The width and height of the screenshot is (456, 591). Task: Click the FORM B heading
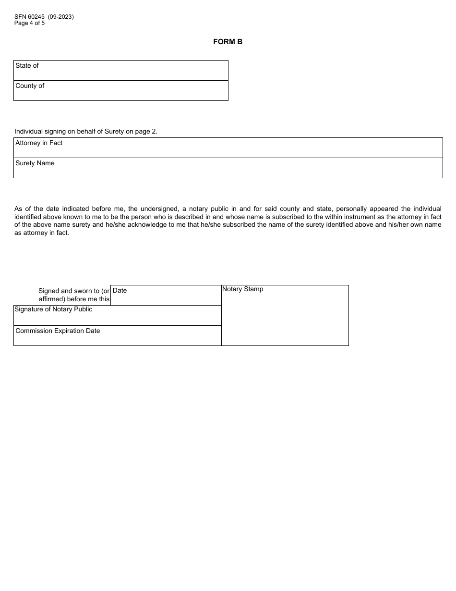pyautogui.click(x=228, y=42)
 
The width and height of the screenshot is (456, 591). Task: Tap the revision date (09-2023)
pyautogui.click(x=61, y=17)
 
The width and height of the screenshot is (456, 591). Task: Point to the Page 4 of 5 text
pyautogui.click(x=29, y=23)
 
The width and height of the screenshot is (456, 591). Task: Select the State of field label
pyautogui.click(x=27, y=65)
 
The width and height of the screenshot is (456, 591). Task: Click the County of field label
pyautogui.click(x=30, y=86)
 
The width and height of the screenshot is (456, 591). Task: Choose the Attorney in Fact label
pyautogui.click(x=39, y=143)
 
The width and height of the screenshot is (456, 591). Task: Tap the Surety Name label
pyautogui.click(x=35, y=163)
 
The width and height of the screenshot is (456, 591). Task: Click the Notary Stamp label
pyautogui.click(x=242, y=289)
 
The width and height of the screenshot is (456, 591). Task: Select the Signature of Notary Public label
pyautogui.click(x=53, y=309)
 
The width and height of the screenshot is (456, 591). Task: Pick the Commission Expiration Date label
pyautogui.click(x=58, y=331)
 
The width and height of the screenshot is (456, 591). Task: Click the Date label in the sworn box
pyautogui.click(x=120, y=290)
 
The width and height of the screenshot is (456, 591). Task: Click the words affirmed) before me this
pyautogui.click(x=74, y=299)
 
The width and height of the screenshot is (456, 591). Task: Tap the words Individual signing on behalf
pyautogui.click(x=55, y=131)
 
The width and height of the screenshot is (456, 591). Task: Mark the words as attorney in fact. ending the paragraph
pyautogui.click(x=42, y=233)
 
